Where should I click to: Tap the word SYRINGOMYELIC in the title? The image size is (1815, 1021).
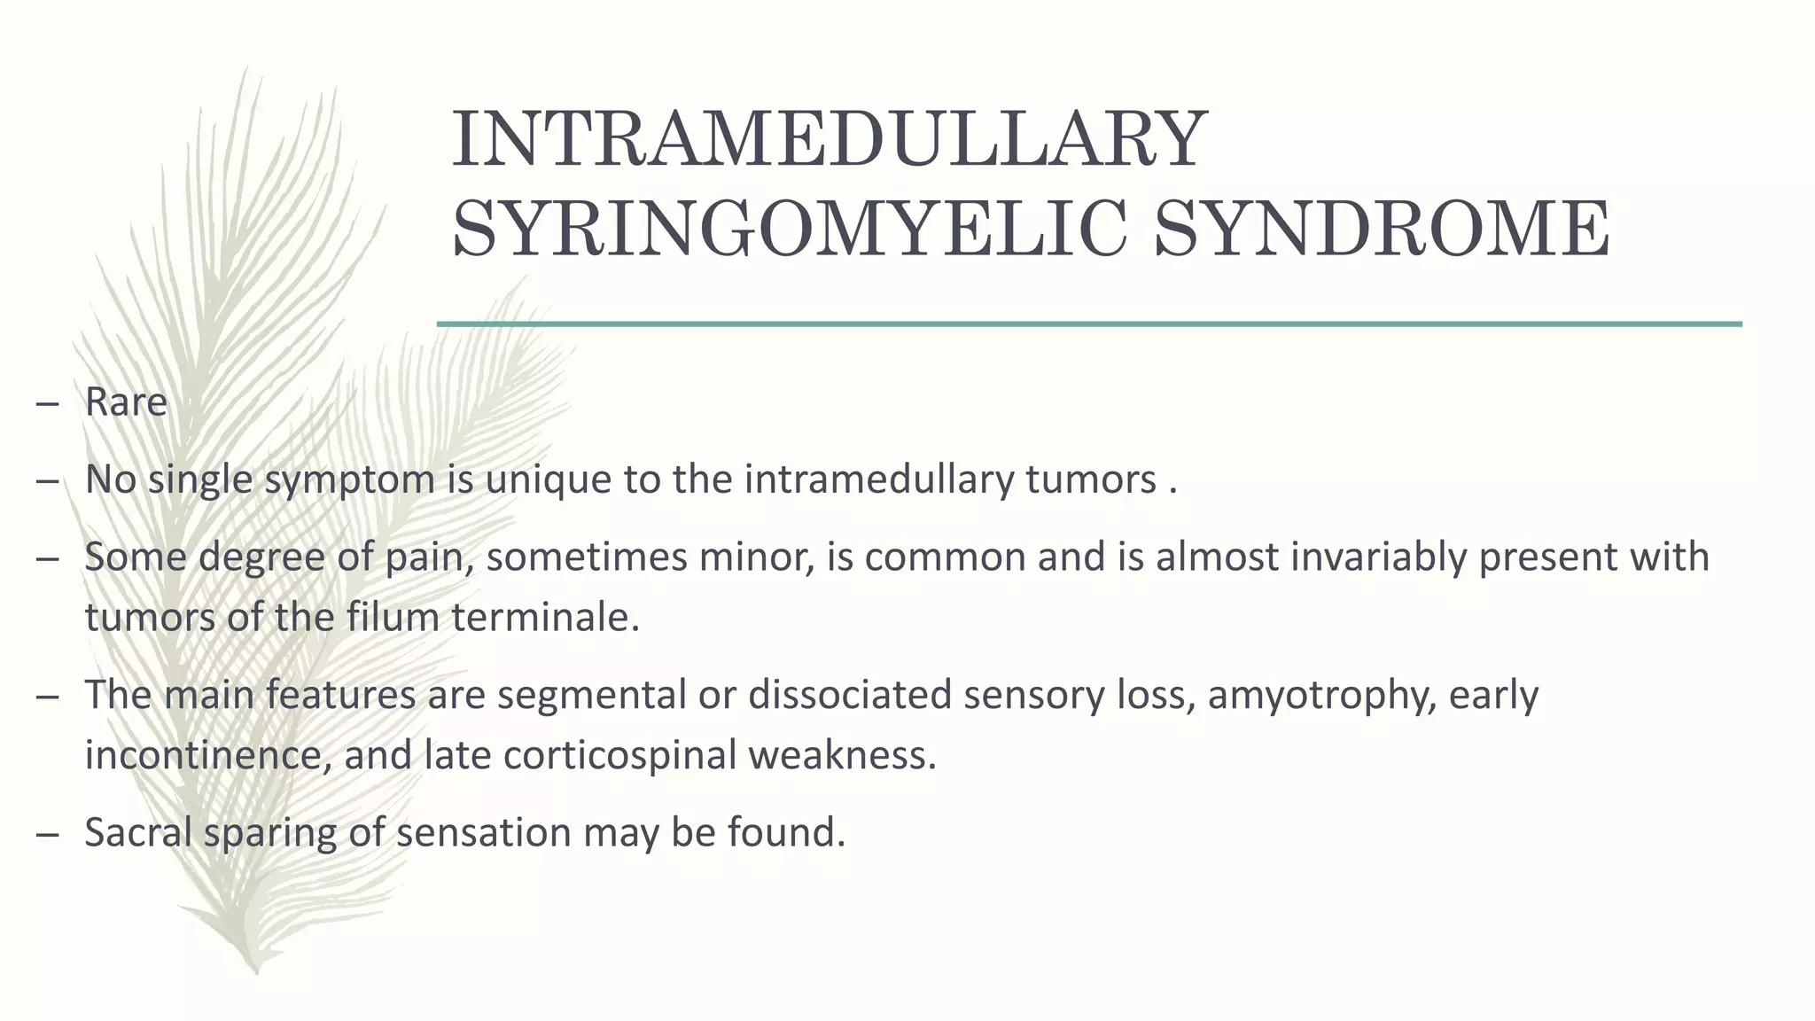point(789,229)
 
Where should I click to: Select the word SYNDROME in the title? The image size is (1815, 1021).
point(1383,229)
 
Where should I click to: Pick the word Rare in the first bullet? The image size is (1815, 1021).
point(126,402)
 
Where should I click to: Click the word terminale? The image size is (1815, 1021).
point(545,618)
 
